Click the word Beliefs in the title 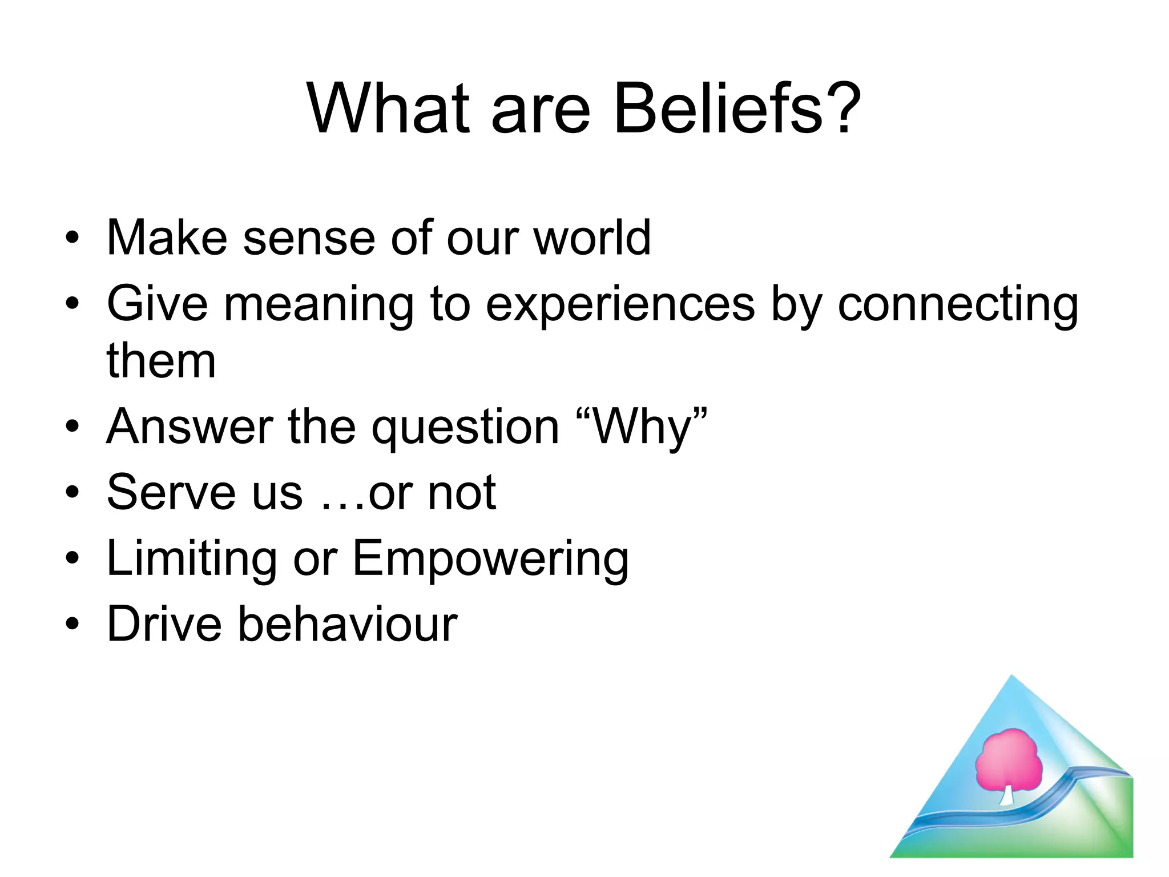718,108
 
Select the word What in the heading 388,108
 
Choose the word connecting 958,305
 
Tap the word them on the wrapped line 162,361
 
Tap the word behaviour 347,624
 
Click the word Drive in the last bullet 164,624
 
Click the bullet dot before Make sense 72,239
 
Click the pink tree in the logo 1009,760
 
